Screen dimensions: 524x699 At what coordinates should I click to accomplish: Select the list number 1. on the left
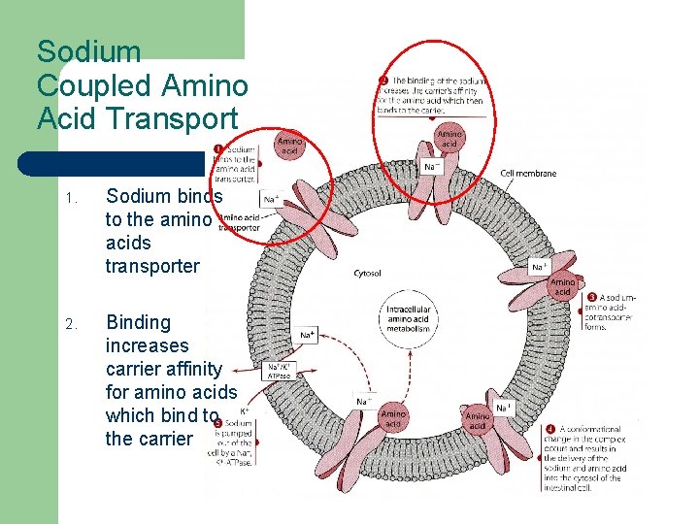click(69, 198)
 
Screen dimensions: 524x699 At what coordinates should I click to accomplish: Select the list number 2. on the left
click(69, 324)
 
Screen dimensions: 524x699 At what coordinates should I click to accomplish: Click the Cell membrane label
click(528, 174)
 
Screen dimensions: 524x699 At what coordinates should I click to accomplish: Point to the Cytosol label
click(368, 273)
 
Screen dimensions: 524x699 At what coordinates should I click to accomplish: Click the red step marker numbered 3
click(592, 296)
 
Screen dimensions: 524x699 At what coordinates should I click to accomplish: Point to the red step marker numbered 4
click(550, 428)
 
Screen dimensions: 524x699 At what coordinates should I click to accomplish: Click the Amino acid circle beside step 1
click(290, 147)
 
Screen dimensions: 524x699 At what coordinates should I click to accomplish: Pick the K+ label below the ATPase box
click(245, 411)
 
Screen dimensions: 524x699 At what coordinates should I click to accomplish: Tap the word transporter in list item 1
click(153, 266)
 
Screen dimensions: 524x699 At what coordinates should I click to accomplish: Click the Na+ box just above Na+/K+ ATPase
click(307, 335)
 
